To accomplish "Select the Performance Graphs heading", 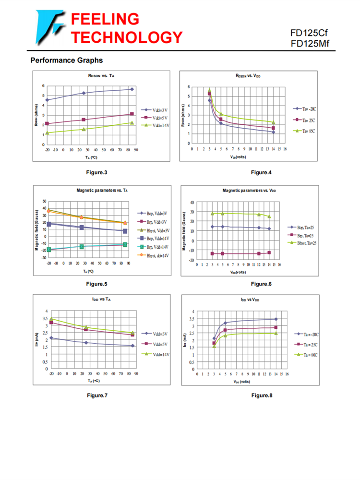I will click(67, 60).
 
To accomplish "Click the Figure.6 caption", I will click(261, 284).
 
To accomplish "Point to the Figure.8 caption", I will click(262, 395).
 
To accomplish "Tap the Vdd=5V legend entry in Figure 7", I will click(157, 344).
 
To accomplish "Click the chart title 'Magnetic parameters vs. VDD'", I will click(249, 191).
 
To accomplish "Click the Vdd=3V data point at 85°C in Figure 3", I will click(132, 89).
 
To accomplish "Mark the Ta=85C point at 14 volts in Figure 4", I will click(273, 123).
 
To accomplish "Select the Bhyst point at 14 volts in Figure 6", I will click(269, 216).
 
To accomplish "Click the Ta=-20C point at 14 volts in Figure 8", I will click(276, 319).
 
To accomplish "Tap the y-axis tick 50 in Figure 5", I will click(44, 201).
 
